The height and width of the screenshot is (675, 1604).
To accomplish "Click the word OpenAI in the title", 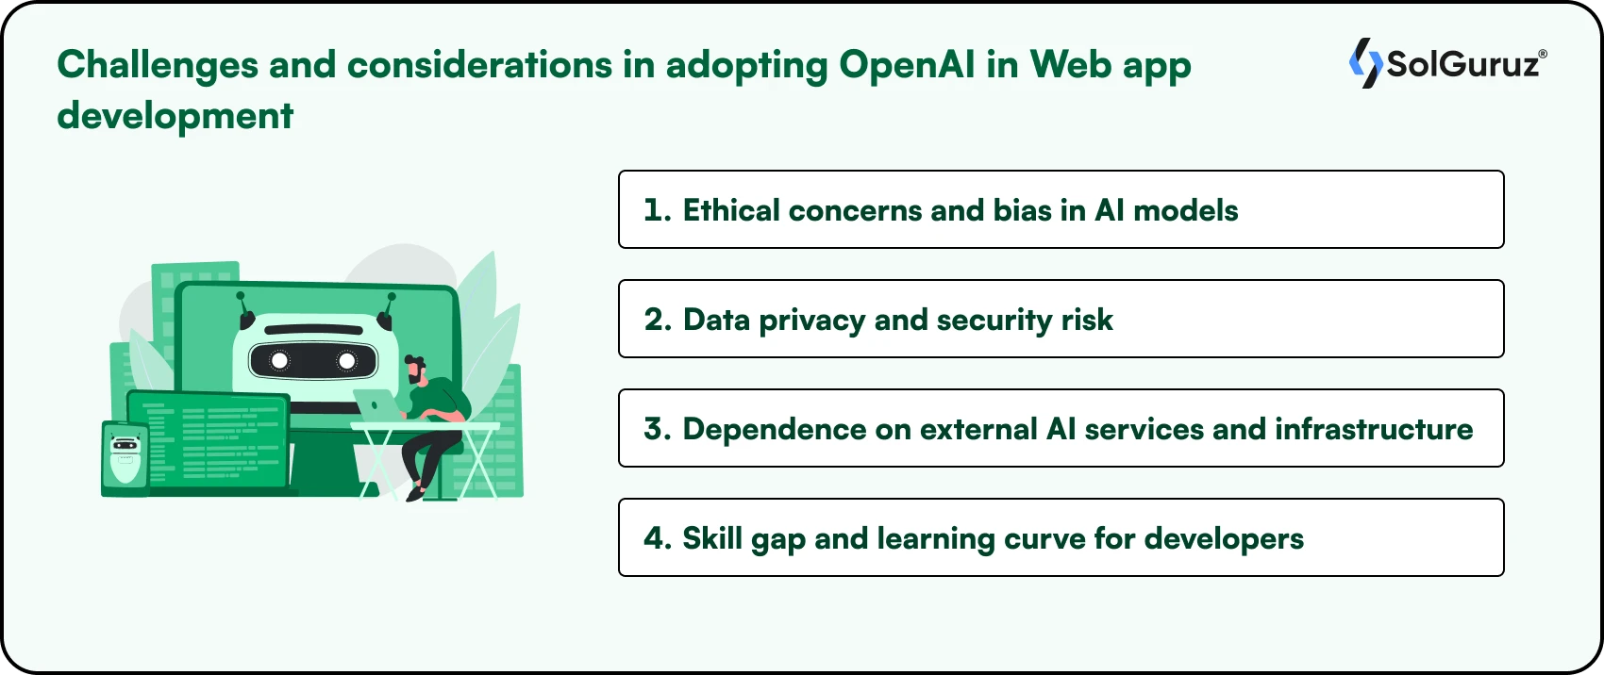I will coord(907,65).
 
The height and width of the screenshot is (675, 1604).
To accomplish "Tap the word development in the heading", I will coord(175,116).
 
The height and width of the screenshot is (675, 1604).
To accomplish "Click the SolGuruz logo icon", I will coord(1364,63).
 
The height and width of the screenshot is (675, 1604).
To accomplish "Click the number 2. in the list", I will coord(657,320).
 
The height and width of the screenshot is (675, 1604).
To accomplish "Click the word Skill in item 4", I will coord(711,538).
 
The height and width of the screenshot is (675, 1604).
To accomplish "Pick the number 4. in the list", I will coord(657,538).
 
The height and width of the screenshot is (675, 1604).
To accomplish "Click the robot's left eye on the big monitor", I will coord(280,361).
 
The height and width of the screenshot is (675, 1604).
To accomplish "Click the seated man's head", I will coord(414,369).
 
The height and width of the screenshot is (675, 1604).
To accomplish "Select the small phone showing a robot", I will coord(125,459).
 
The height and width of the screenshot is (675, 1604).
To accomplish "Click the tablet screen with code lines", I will coord(213,439).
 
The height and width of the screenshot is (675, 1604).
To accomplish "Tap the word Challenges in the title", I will coord(158,65).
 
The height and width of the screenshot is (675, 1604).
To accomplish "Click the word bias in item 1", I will coord(1022,210).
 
